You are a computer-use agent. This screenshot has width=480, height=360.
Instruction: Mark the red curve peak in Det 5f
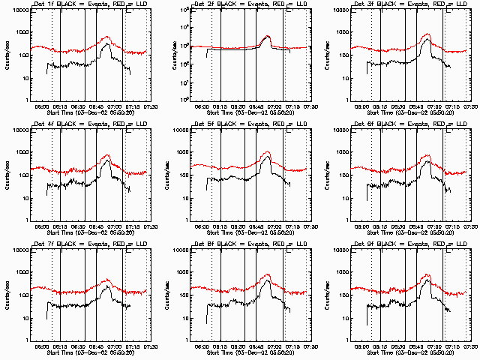click(x=268, y=152)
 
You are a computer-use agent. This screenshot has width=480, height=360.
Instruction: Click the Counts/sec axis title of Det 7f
click(x=7, y=295)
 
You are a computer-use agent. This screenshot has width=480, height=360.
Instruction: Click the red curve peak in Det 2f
click(x=268, y=36)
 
